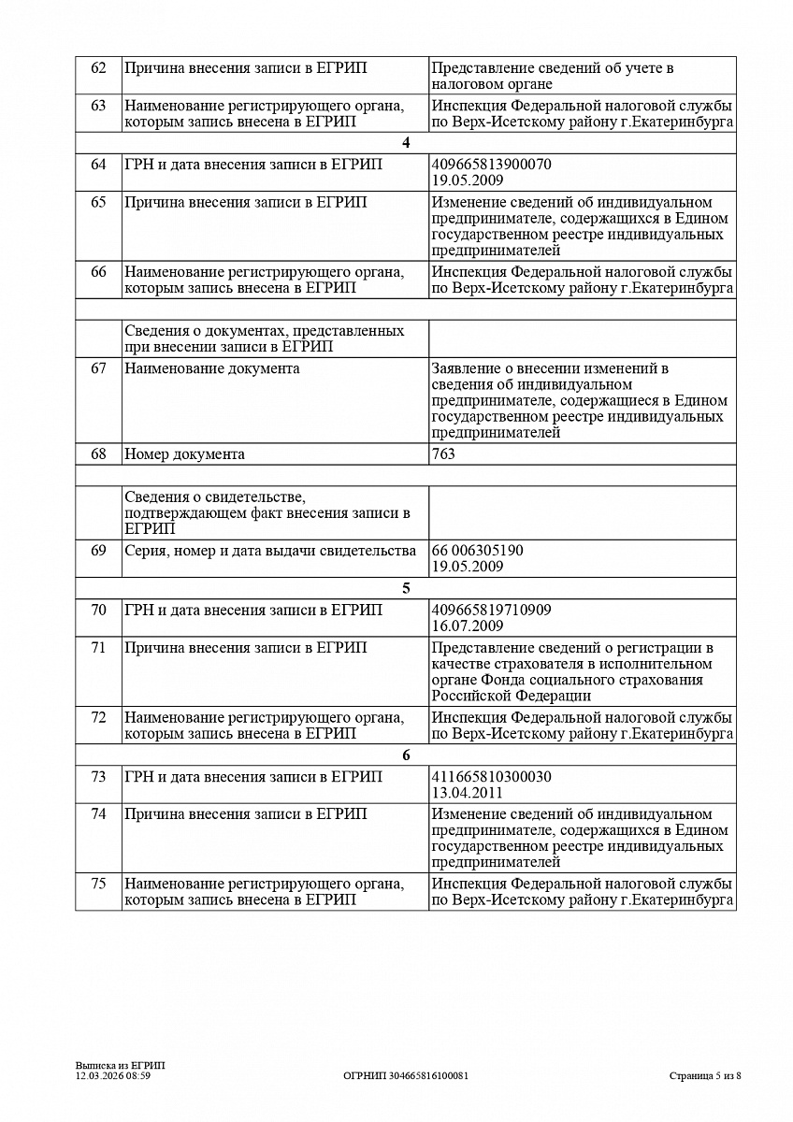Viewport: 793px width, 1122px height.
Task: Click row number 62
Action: pyautogui.click(x=98, y=68)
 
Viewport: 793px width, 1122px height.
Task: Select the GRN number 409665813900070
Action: pyautogui.click(x=491, y=165)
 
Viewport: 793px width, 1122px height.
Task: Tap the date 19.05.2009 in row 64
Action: pyautogui.click(x=468, y=180)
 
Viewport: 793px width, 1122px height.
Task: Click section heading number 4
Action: pyautogui.click(x=406, y=143)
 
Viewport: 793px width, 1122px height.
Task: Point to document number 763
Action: pyautogui.click(x=443, y=454)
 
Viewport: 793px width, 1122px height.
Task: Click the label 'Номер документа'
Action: pyautogui.click(x=184, y=454)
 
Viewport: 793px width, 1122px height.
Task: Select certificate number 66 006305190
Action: pyautogui.click(x=477, y=551)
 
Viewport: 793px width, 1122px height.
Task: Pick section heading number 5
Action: pyautogui.click(x=406, y=589)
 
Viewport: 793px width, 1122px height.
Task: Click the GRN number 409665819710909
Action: pyautogui.click(x=491, y=611)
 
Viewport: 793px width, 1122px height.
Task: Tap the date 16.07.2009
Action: pyautogui.click(x=468, y=626)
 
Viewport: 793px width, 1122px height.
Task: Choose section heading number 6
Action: pyautogui.click(x=406, y=755)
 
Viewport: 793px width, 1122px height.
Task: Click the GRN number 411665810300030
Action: pyautogui.click(x=491, y=777)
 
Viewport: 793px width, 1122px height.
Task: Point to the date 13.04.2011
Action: pyautogui.click(x=468, y=792)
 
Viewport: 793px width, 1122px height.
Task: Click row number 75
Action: pyautogui.click(x=98, y=884)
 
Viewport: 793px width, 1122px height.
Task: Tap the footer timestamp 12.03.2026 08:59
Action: pyautogui.click(x=113, y=1076)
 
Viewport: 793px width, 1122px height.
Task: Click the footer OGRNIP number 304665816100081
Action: pyautogui.click(x=406, y=1076)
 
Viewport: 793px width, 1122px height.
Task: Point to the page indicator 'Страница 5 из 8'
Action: pyautogui.click(x=705, y=1076)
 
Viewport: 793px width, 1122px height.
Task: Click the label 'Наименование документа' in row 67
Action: pyautogui.click(x=212, y=368)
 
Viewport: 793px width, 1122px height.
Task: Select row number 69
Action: pyautogui.click(x=98, y=551)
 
